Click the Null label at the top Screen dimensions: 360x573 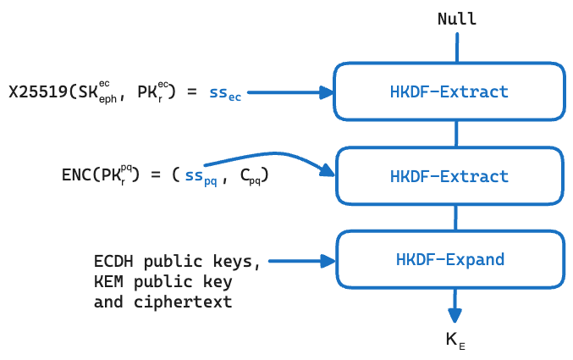click(x=456, y=19)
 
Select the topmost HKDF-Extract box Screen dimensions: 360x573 click(x=449, y=91)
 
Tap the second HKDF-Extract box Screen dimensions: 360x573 click(x=449, y=176)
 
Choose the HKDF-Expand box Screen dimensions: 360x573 click(x=449, y=259)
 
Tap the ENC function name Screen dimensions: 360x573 click(x=77, y=175)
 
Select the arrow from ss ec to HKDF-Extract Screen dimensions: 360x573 click(x=288, y=92)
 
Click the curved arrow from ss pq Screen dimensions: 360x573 click(x=271, y=156)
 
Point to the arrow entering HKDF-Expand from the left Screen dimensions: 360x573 click(x=300, y=260)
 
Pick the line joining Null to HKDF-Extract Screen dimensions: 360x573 click(x=456, y=47)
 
